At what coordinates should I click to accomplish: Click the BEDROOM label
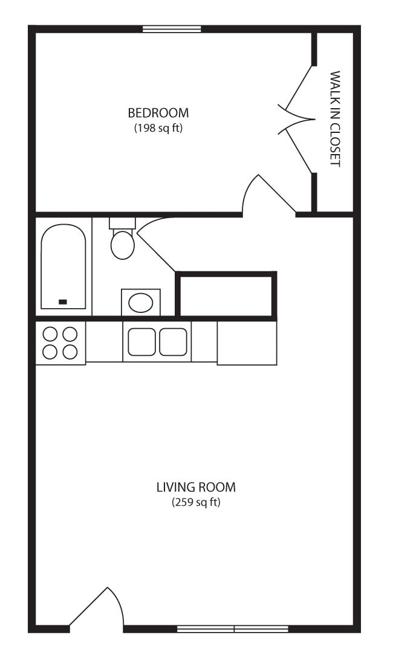click(158, 113)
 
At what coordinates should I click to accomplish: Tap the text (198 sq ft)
click(158, 127)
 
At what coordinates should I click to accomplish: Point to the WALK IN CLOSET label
click(334, 118)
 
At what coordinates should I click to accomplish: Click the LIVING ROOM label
click(196, 488)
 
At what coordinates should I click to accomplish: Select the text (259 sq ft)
click(196, 502)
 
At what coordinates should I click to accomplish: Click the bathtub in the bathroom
click(63, 266)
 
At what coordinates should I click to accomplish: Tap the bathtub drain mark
click(63, 302)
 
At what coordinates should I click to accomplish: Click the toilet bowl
click(123, 245)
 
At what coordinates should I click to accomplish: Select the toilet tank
click(122, 223)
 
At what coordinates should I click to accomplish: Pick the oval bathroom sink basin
click(140, 303)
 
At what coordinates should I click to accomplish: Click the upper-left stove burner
click(50, 334)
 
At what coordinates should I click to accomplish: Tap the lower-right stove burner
click(70, 352)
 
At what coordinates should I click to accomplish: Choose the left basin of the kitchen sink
click(141, 341)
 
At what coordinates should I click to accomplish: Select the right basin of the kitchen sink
click(174, 341)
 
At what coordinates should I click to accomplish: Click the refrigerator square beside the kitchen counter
click(247, 343)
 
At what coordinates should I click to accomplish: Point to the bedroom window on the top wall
click(172, 29)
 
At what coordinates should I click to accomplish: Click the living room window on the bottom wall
click(233, 629)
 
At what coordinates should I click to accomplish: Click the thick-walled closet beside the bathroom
click(226, 294)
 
